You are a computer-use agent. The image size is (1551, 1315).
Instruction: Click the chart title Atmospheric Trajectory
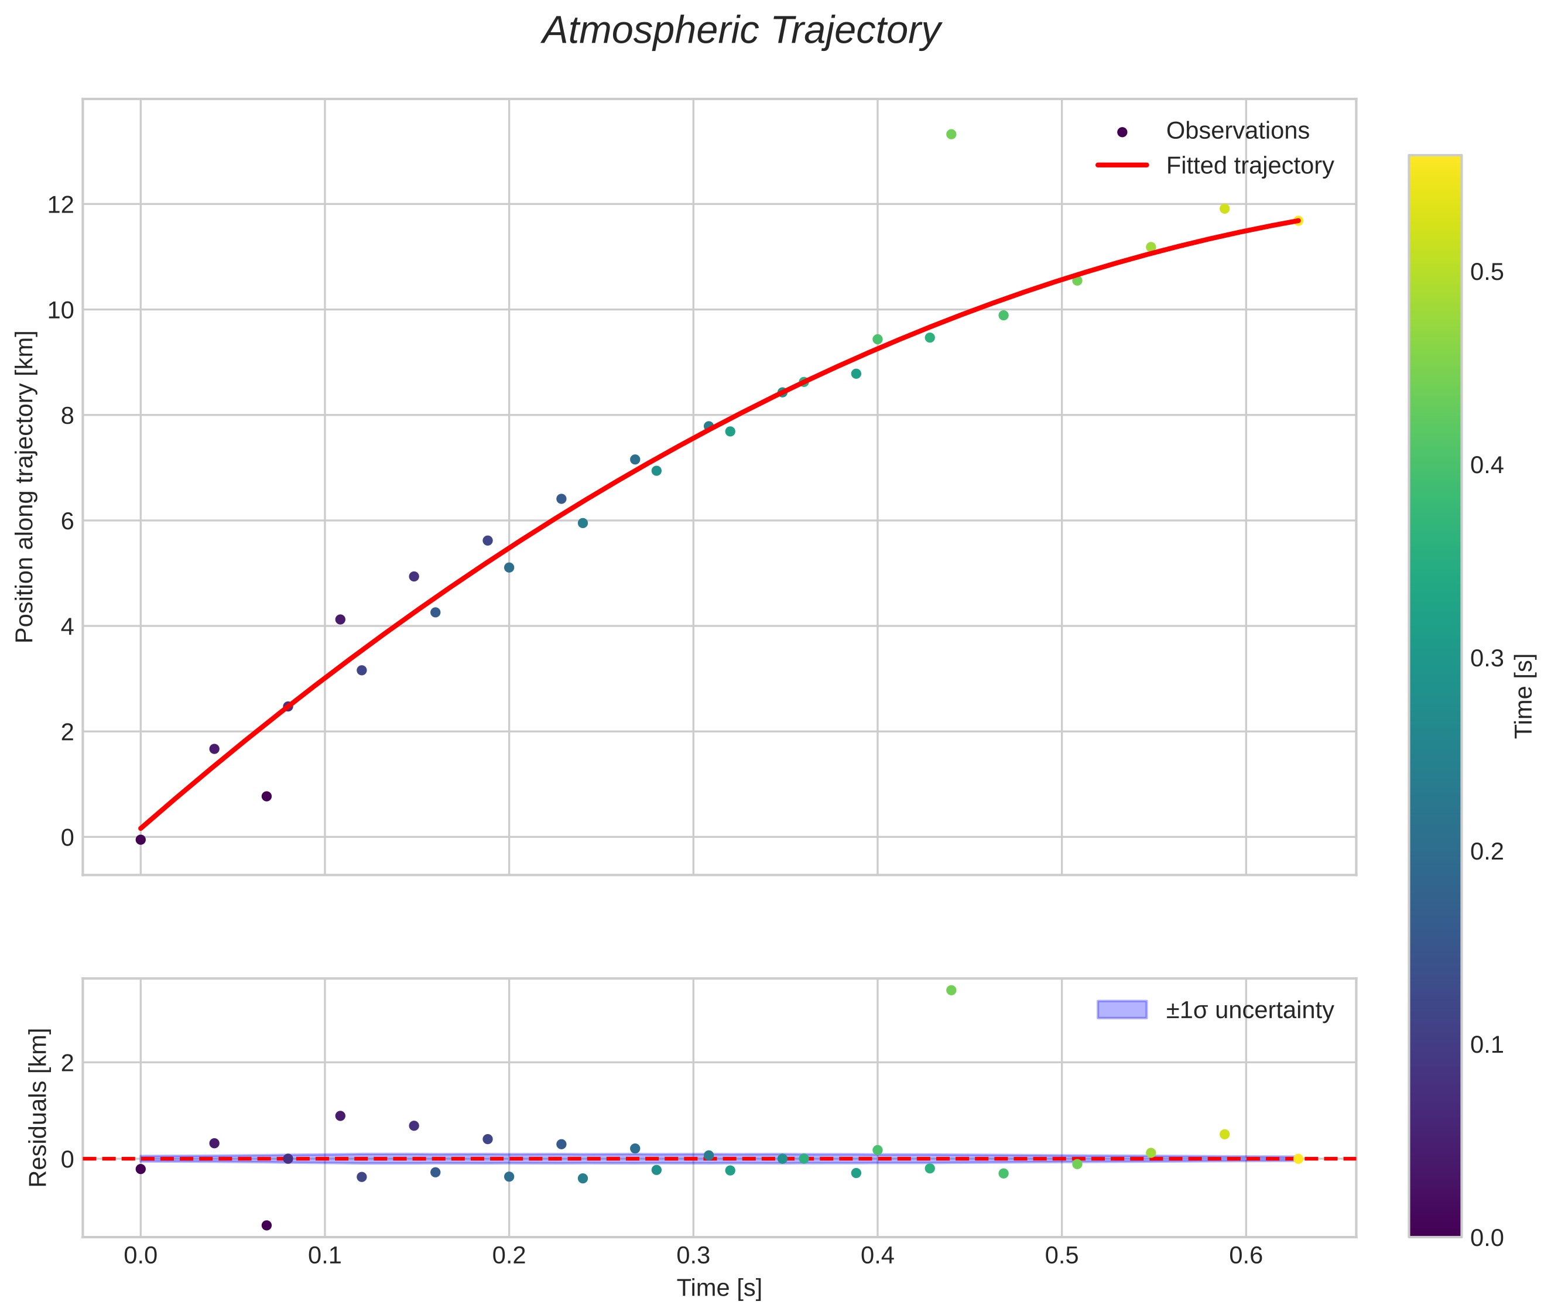click(x=741, y=31)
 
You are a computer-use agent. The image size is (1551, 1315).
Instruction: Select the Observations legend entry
click(x=1237, y=131)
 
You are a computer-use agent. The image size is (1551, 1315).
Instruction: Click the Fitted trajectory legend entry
click(x=1249, y=166)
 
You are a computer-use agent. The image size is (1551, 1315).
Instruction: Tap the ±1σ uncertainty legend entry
click(x=1249, y=1010)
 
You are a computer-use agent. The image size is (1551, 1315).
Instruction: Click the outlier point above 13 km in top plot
click(x=951, y=134)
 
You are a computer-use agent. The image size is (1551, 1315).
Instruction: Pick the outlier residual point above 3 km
click(x=951, y=990)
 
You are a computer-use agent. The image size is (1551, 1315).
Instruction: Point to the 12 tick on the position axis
click(x=60, y=204)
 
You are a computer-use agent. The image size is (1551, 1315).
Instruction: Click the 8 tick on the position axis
click(x=67, y=415)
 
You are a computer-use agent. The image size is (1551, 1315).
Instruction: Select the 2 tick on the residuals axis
click(x=67, y=1062)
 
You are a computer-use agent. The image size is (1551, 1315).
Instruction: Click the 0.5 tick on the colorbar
click(x=1487, y=272)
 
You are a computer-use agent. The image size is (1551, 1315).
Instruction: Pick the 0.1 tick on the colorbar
click(x=1487, y=1045)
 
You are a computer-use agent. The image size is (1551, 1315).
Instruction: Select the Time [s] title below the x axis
click(x=718, y=1287)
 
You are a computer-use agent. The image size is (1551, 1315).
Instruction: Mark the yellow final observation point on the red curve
click(x=1297, y=221)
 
